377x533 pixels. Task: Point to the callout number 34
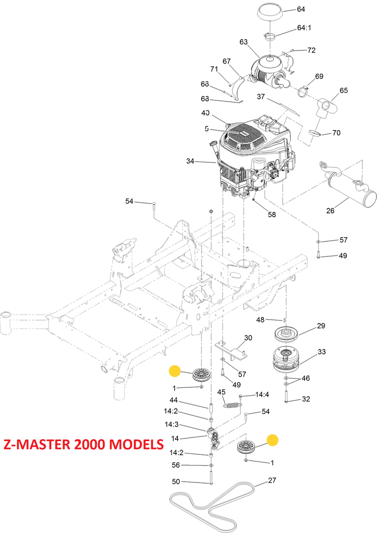coord(190,162)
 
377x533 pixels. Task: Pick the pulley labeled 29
coord(287,334)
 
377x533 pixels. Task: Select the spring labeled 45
coord(232,404)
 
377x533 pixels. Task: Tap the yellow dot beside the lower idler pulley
coord(272,440)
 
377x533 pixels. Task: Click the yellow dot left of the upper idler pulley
coord(175,371)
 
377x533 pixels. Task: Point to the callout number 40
coord(205,113)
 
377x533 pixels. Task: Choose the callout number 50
coord(176,481)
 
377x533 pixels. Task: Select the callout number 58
coord(272,215)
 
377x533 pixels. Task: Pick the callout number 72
coord(311,50)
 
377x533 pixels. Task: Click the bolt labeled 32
coord(286,395)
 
